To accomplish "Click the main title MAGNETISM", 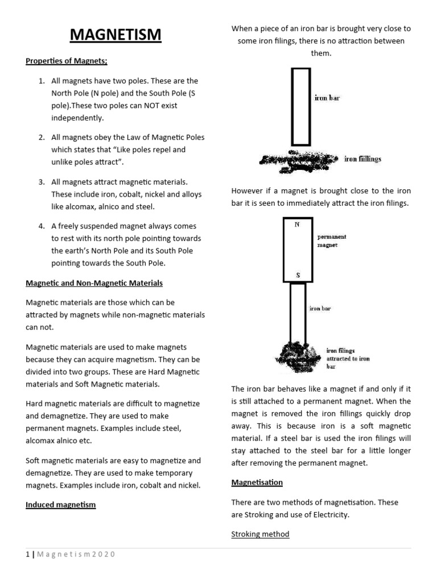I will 116,35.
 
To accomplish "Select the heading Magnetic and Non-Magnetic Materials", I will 94,282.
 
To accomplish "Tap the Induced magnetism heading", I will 60,504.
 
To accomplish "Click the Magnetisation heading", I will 257,483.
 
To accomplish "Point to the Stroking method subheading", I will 260,534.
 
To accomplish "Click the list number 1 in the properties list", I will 42,81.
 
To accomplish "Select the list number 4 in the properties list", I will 42,226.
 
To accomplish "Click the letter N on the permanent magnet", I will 296,225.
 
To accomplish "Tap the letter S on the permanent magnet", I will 297,276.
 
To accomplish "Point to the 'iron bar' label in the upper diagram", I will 327,98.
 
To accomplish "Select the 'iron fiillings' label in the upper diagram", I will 362,159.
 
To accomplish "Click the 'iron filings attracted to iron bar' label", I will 348,359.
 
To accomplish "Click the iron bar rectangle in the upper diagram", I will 301,107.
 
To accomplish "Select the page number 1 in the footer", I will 27,555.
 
